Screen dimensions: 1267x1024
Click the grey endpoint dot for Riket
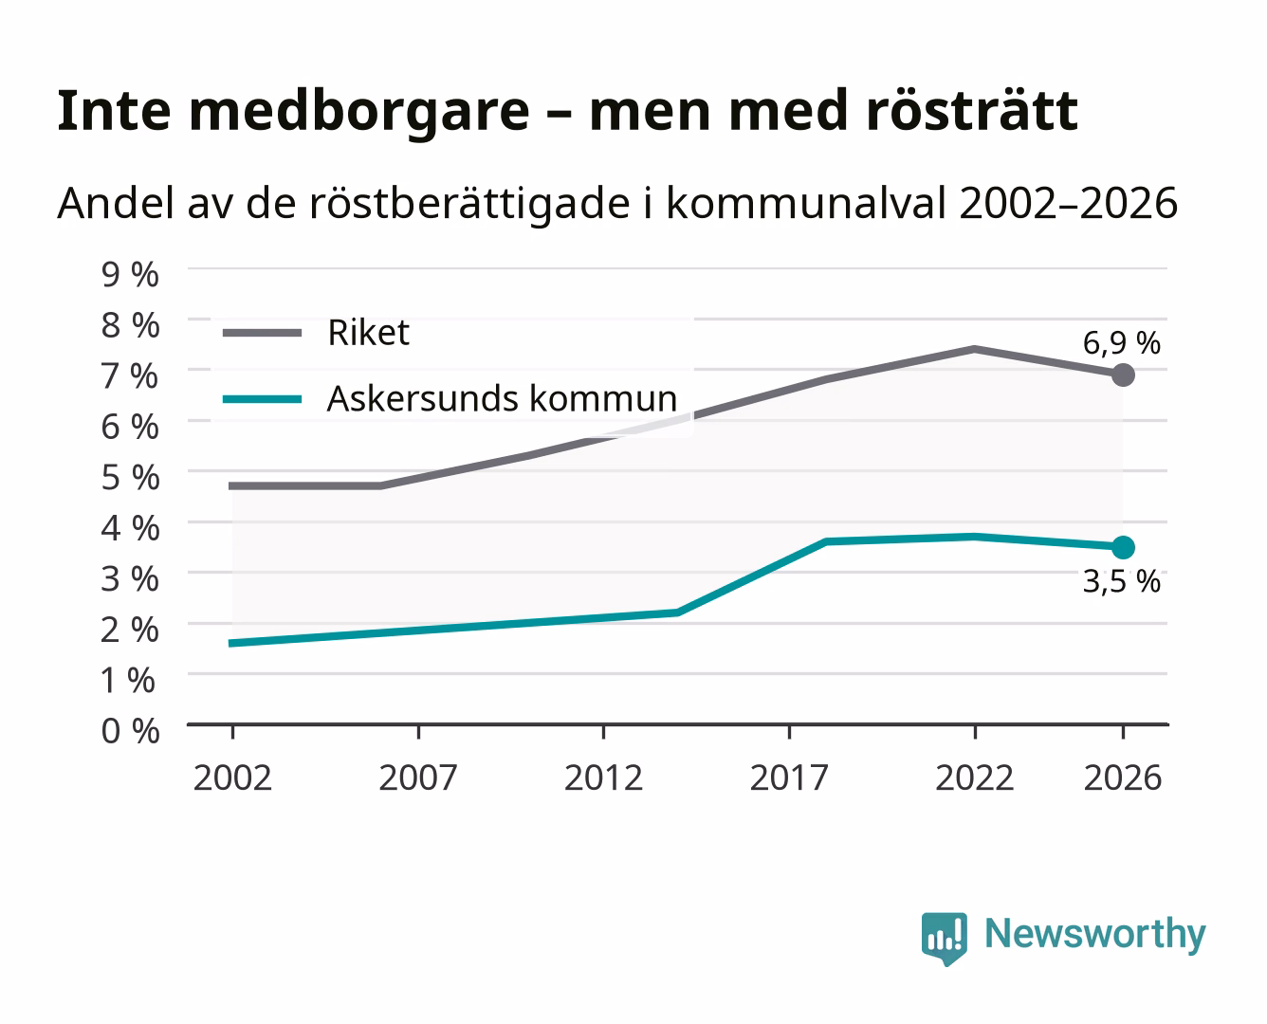[1123, 375]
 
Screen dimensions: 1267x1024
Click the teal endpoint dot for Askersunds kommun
[1123, 547]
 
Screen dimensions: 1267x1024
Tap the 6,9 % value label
[1121, 343]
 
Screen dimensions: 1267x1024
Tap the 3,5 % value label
[1121, 581]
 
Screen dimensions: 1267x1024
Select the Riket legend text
[368, 332]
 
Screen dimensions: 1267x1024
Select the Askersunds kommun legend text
[502, 398]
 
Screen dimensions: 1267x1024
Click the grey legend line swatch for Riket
[263, 333]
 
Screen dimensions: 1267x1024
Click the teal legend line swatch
[263, 399]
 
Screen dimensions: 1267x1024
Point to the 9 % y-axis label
[130, 275]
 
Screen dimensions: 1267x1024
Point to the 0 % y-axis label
[130, 731]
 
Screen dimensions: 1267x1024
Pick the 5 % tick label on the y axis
[130, 478]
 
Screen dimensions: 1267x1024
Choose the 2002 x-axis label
[232, 777]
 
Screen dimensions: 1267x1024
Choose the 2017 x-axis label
[789, 777]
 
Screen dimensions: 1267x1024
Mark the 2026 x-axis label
[1123, 777]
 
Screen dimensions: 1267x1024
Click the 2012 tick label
[603, 777]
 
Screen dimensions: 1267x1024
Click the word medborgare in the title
[358, 112]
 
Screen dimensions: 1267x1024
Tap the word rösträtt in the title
[972, 110]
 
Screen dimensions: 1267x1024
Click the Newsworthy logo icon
[944, 939]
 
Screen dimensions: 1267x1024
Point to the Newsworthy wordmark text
[1095, 935]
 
